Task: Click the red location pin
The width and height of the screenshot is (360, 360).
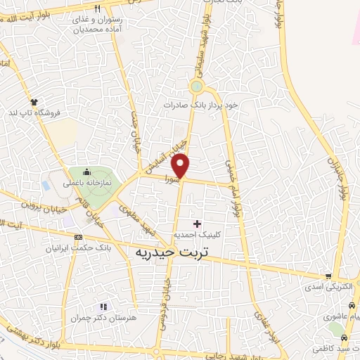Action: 181,165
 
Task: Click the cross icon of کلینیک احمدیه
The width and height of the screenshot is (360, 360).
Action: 196,224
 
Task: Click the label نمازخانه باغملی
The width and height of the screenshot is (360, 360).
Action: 87,182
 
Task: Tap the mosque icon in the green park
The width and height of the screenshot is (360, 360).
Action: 86,172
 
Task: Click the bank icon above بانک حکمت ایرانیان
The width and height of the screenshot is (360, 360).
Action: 77,237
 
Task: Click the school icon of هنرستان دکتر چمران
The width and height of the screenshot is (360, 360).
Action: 104,307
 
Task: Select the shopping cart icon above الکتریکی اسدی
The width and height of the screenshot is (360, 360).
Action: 328,276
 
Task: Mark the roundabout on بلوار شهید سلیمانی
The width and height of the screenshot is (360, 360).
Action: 197,87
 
